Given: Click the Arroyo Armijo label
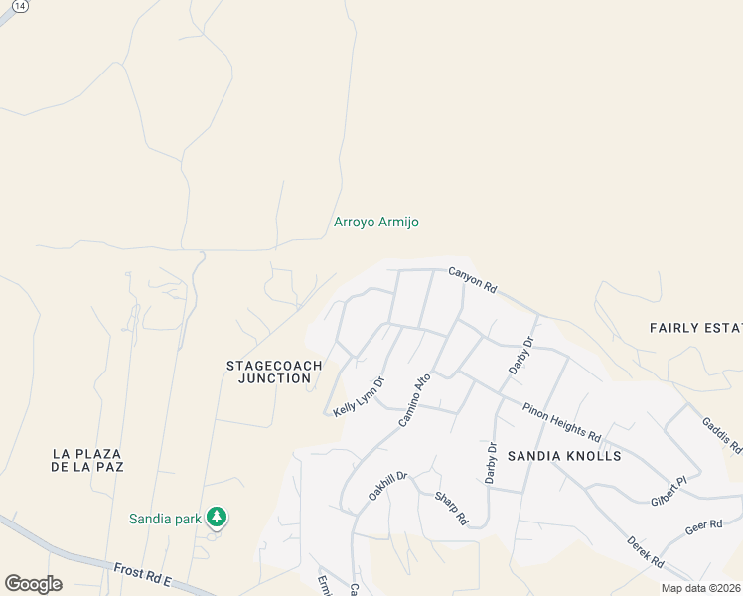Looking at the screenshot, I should coord(374,222).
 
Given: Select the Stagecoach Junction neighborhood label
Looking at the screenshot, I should coord(274,372).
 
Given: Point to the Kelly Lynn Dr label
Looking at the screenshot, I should coord(360,395).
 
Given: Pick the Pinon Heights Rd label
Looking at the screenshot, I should coord(562,422).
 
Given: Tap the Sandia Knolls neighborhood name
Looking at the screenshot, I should coord(564,456).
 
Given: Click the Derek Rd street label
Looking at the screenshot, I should coord(646,552).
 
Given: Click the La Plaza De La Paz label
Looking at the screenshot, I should coord(87,460).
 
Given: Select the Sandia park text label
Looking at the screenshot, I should coord(165,519).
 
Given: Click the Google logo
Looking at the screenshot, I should coord(33,584).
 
